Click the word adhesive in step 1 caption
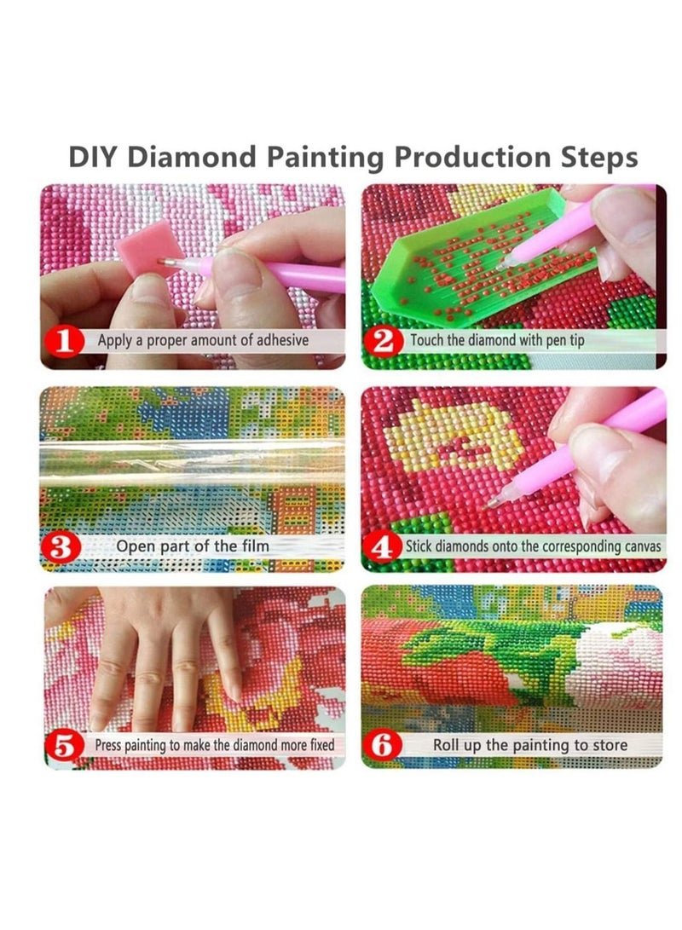pyautogui.click(x=278, y=341)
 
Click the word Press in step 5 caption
pyautogui.click(x=108, y=745)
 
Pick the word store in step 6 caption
pyautogui.click(x=608, y=745)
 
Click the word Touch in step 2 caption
pyautogui.click(x=429, y=341)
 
